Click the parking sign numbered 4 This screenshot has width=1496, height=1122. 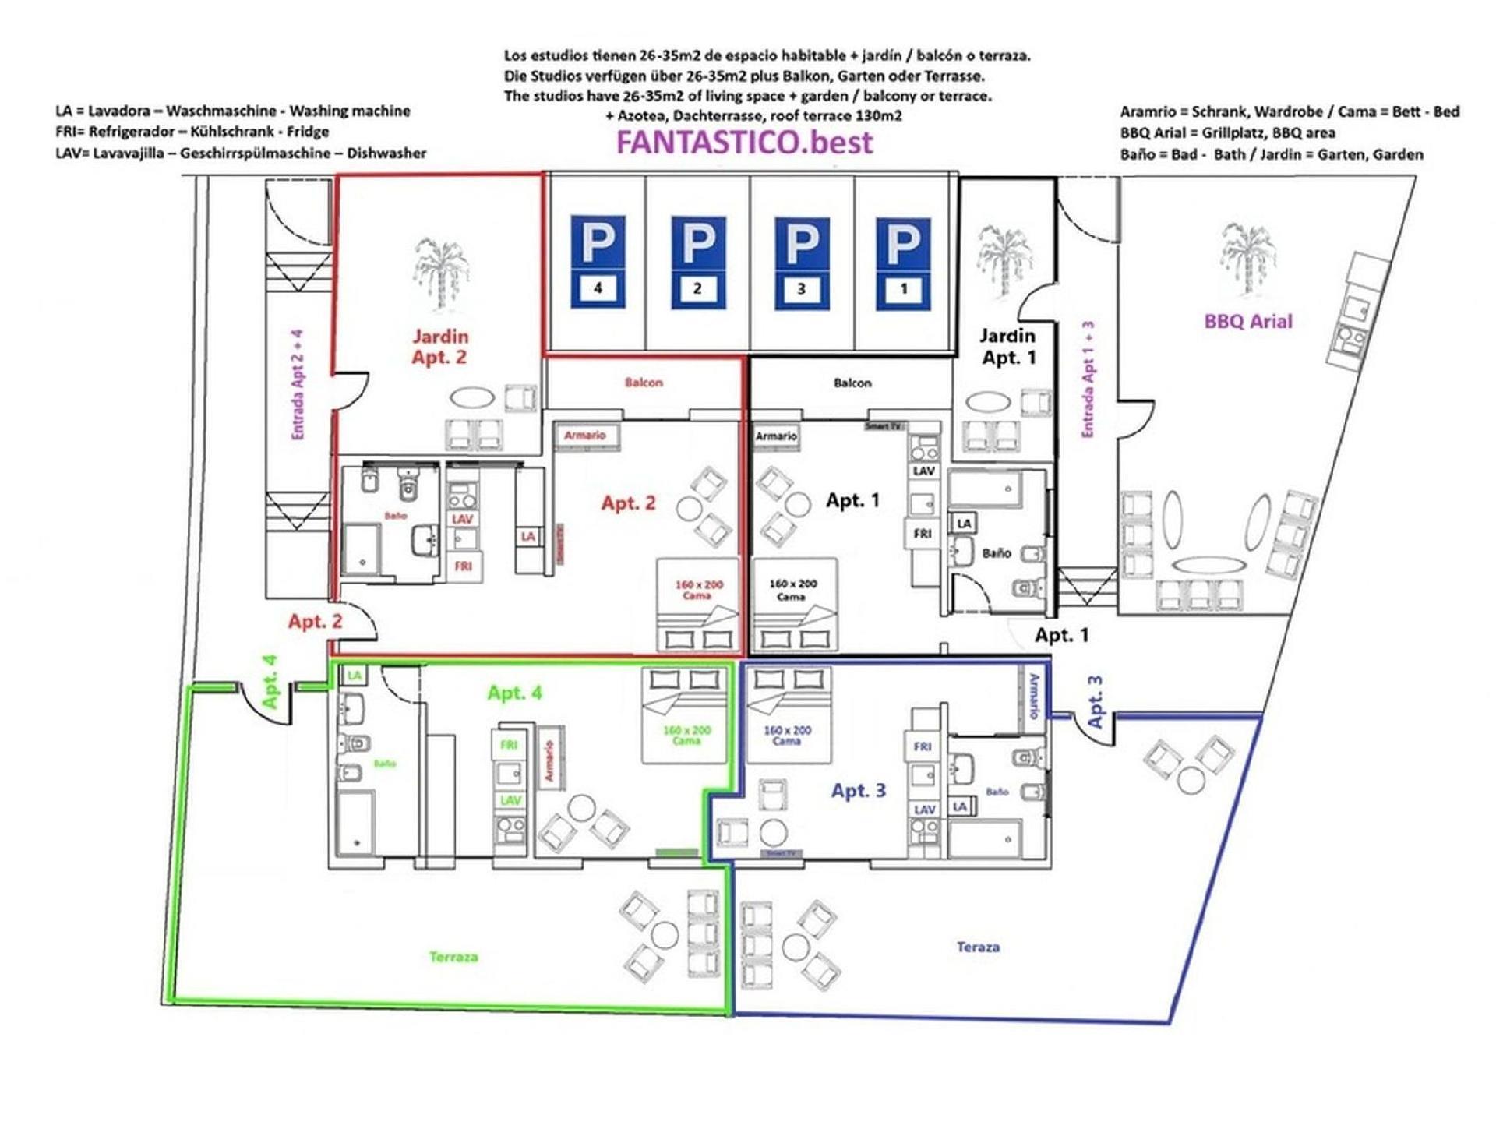598,263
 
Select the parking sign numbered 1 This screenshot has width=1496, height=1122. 903,263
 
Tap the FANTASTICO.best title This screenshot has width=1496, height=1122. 744,143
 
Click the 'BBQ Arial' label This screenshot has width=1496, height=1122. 1247,321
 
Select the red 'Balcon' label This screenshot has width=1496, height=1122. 644,383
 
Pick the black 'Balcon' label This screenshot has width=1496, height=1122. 852,383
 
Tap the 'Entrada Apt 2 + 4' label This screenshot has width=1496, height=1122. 298,385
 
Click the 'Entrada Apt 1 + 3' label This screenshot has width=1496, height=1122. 1088,379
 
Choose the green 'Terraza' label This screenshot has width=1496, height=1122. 453,956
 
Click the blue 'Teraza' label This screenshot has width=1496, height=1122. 978,947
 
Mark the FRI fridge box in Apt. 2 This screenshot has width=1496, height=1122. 464,566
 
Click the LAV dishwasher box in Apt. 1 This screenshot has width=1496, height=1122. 923,471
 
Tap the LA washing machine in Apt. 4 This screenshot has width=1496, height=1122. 355,675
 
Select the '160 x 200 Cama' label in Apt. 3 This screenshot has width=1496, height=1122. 787,736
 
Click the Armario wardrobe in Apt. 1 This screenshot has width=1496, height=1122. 776,436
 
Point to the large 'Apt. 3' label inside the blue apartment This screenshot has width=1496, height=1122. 858,790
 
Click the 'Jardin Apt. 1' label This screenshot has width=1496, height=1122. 1008,347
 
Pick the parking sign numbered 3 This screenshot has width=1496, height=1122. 801,263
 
